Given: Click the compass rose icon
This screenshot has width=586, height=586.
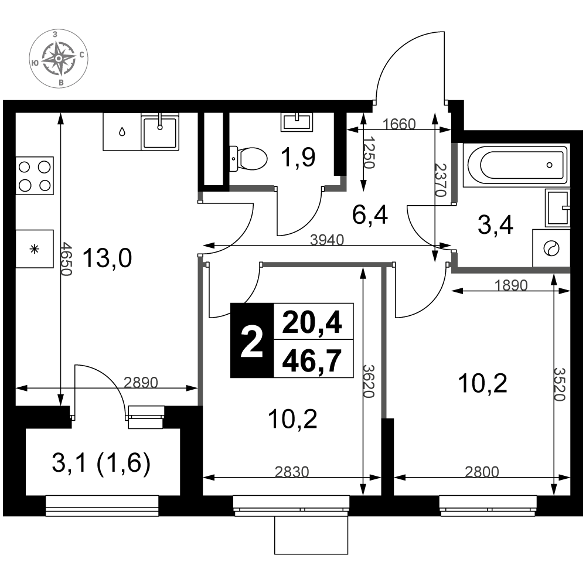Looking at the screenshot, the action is click(59, 59).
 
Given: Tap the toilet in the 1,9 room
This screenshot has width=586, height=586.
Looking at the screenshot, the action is click(248, 158).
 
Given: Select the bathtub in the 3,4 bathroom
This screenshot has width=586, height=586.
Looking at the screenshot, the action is click(517, 165).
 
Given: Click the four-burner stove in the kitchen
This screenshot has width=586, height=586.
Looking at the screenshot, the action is click(35, 175).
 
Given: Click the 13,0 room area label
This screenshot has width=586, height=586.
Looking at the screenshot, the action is click(107, 258).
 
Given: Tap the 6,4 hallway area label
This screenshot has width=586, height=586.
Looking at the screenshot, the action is click(370, 215).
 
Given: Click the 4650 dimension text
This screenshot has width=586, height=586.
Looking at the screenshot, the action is click(67, 258).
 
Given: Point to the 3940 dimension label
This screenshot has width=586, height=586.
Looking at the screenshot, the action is click(327, 240).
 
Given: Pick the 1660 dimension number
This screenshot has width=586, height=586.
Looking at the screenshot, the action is click(399, 124).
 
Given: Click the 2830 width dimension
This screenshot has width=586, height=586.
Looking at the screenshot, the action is click(292, 472).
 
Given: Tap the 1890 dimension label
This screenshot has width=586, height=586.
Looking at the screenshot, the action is click(511, 285).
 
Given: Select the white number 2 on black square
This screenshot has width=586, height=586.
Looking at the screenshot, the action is click(251, 340).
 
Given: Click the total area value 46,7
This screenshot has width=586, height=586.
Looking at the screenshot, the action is click(312, 360).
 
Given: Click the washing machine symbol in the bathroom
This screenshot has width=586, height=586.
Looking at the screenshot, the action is click(551, 248).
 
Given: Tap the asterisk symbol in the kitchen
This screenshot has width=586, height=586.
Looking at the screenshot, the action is click(35, 249).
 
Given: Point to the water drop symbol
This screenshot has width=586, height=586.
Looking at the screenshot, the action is click(122, 131).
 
